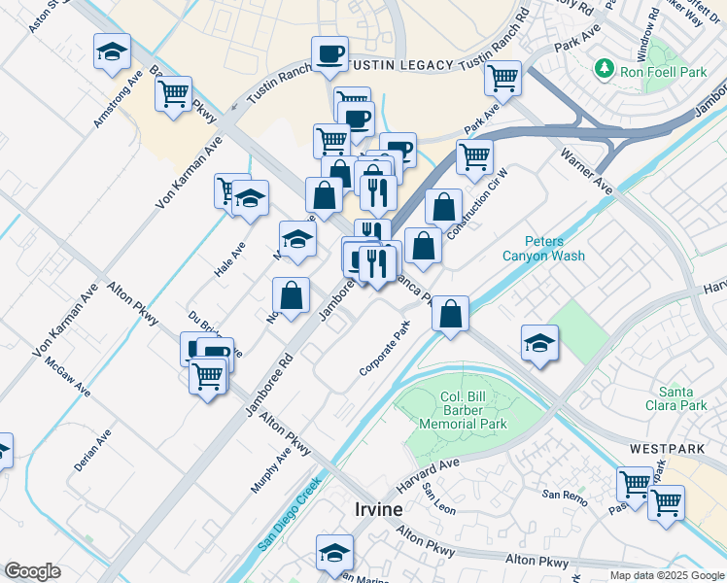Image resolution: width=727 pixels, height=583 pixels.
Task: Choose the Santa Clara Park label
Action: click(681, 396)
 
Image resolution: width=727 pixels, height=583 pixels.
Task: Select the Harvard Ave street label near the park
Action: click(427, 476)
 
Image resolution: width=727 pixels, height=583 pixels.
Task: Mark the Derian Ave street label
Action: click(92, 450)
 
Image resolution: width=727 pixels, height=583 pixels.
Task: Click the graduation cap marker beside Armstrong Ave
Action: click(113, 51)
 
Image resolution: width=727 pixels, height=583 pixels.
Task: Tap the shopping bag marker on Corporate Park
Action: click(450, 313)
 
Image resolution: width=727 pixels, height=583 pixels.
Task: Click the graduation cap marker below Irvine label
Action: click(334, 551)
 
